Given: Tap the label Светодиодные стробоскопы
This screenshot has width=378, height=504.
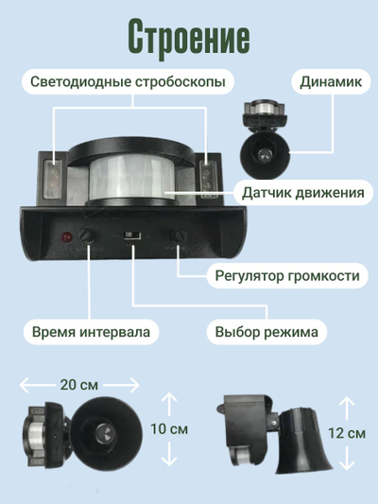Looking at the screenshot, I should (x=128, y=82).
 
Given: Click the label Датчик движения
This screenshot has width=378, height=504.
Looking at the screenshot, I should (x=302, y=193).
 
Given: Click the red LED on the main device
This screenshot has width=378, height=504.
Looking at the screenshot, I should (x=66, y=236).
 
